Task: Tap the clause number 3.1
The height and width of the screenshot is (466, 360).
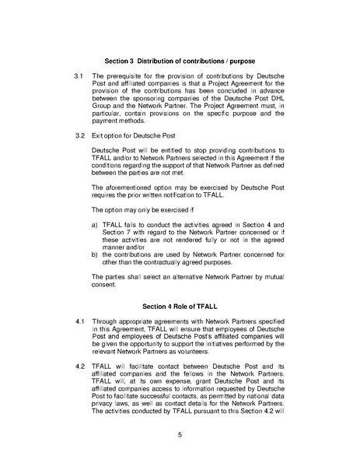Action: click(x=78, y=79)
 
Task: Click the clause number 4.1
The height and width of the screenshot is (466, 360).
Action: click(x=78, y=321)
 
